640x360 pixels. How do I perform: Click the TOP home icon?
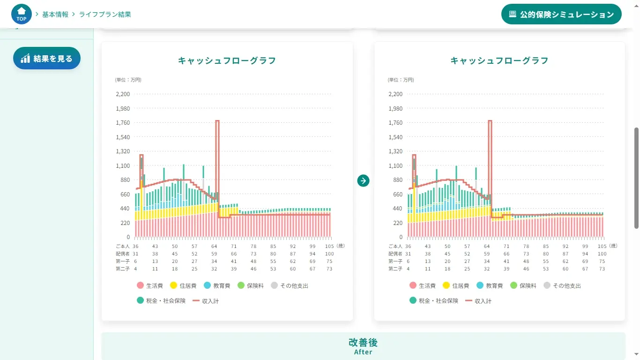(22, 15)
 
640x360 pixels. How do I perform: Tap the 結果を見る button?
(47, 59)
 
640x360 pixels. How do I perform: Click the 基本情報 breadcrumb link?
(55, 15)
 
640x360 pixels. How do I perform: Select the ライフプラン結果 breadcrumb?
(105, 15)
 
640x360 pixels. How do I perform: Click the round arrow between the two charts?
(363, 180)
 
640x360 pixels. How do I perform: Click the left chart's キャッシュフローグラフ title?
(227, 60)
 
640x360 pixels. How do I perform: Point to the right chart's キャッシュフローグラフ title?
(499, 60)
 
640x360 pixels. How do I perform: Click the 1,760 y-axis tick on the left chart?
(123, 123)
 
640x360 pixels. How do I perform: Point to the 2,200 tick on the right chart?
(395, 94)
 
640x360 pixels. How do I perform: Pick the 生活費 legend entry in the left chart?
(150, 285)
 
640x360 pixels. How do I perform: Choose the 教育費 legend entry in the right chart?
(490, 285)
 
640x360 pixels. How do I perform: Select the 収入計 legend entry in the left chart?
(206, 301)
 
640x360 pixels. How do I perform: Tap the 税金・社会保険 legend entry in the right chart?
(434, 301)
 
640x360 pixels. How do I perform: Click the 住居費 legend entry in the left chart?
(183, 285)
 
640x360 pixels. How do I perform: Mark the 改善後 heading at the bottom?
(363, 343)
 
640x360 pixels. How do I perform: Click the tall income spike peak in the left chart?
(217, 121)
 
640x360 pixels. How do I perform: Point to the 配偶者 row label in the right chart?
(395, 254)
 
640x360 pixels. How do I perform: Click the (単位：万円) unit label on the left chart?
(128, 80)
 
